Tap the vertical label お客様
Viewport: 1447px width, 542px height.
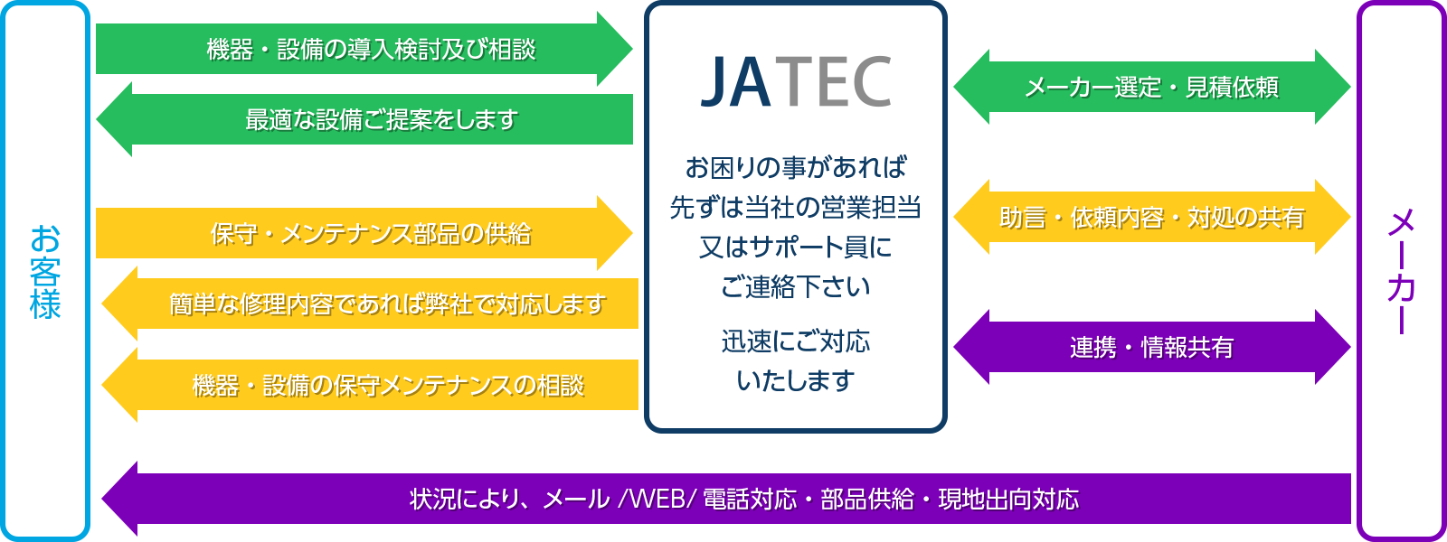click(45, 272)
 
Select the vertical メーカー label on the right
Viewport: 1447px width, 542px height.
click(1401, 272)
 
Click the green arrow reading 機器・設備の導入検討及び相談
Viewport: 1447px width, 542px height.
click(364, 49)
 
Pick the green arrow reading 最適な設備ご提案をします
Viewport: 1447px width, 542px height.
click(364, 119)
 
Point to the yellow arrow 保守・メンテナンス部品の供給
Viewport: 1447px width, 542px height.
click(364, 233)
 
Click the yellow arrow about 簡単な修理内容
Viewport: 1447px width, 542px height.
click(370, 304)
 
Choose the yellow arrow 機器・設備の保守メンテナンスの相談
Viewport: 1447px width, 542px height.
click(370, 385)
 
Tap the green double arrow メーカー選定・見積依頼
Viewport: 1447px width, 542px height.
click(1152, 87)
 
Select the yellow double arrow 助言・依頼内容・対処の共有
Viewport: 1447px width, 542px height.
click(1152, 217)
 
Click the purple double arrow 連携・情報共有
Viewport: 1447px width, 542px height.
click(1152, 347)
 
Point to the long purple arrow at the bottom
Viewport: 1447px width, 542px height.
click(726, 499)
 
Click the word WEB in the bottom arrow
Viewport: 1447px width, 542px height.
click(657, 500)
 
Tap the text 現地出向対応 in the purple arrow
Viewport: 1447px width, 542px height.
click(1008, 500)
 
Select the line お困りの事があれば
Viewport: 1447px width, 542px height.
click(796, 167)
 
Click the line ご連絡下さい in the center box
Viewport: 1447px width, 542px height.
click(796, 286)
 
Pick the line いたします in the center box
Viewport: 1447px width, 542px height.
click(796, 380)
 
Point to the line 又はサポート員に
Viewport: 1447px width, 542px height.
click(796, 247)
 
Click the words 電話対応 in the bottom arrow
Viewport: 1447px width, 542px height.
click(750, 500)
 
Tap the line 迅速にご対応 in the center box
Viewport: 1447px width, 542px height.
click(796, 341)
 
